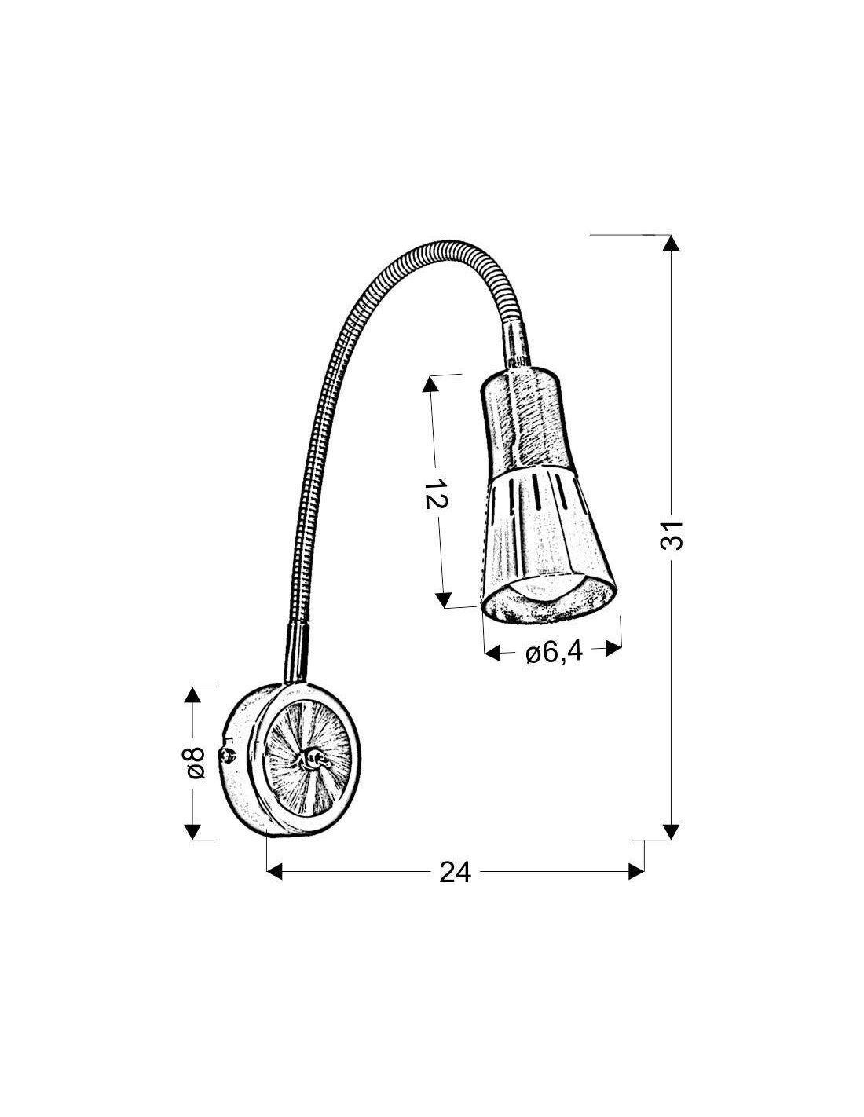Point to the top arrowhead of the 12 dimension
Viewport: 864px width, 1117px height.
(430, 384)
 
